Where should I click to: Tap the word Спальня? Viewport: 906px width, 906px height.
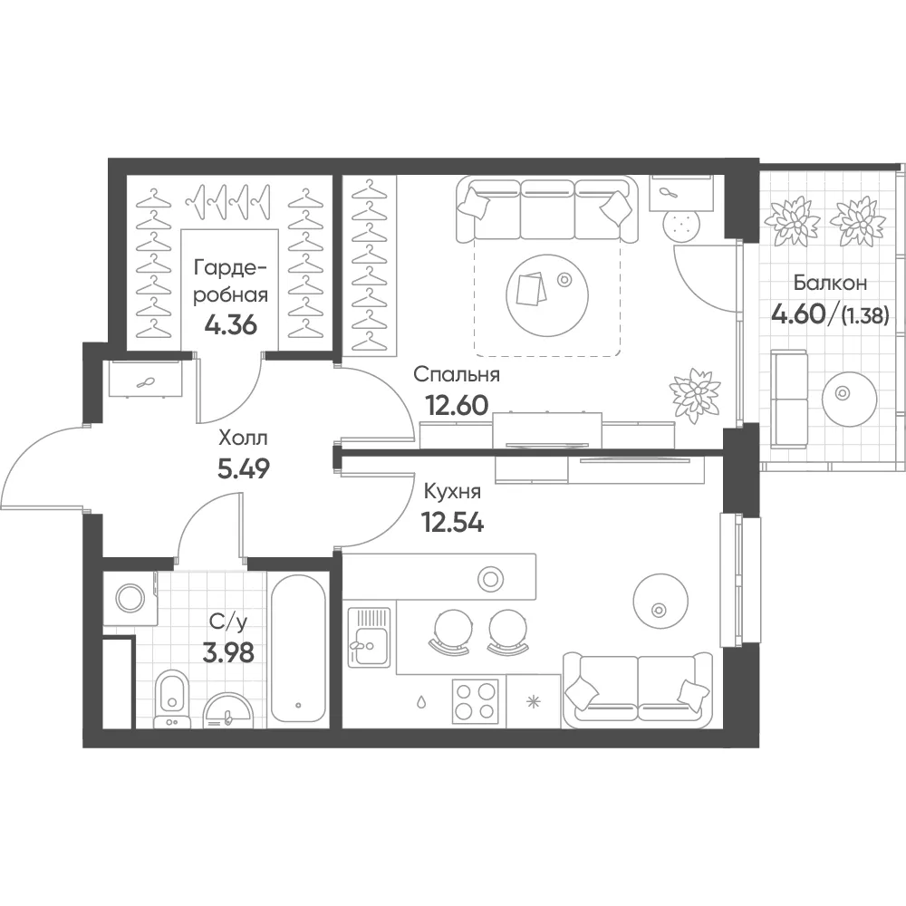(x=457, y=374)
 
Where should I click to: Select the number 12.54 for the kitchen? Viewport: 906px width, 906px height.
(x=453, y=523)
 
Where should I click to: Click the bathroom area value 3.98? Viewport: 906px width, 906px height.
(x=229, y=653)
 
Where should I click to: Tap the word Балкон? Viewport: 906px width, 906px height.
(x=830, y=283)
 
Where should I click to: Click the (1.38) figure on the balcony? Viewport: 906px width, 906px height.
(x=865, y=316)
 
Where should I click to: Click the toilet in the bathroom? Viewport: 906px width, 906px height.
(x=171, y=699)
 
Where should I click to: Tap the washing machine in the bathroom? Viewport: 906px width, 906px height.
(x=130, y=599)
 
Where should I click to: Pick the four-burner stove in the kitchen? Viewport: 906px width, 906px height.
(x=475, y=700)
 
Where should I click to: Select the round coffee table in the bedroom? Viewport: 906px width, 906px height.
(x=547, y=296)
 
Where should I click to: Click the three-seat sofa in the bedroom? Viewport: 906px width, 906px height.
(x=546, y=210)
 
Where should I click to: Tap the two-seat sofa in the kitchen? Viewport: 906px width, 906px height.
(x=638, y=691)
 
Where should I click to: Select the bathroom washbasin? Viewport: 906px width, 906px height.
(x=228, y=711)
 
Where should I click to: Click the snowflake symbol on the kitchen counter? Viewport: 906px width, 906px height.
(x=533, y=703)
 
